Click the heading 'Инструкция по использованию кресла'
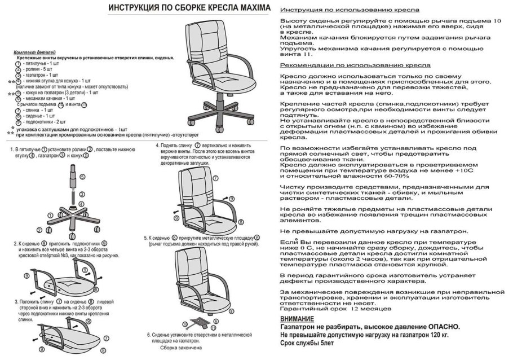point(349,11)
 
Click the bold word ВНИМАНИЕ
point(297,319)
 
